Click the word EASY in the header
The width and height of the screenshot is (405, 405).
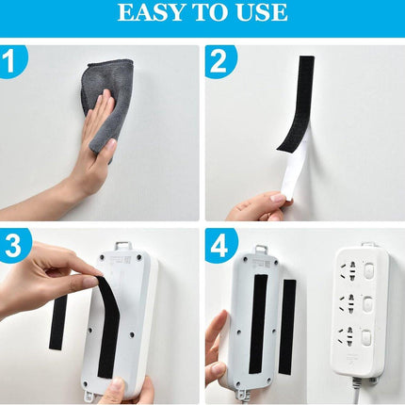point(151,12)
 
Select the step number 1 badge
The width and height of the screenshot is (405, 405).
point(12,61)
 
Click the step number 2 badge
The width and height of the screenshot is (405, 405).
point(219,61)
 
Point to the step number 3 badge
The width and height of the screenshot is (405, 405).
point(13,245)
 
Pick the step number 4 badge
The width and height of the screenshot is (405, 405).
point(219,245)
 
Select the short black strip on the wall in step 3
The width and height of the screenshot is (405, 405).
point(58,323)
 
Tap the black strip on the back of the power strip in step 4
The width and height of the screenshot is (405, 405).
point(260,324)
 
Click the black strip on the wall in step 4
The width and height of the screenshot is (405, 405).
point(287,327)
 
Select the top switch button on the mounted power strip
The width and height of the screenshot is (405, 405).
point(368,270)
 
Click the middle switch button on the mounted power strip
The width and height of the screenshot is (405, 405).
point(368,303)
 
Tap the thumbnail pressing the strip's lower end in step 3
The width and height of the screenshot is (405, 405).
point(117,384)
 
